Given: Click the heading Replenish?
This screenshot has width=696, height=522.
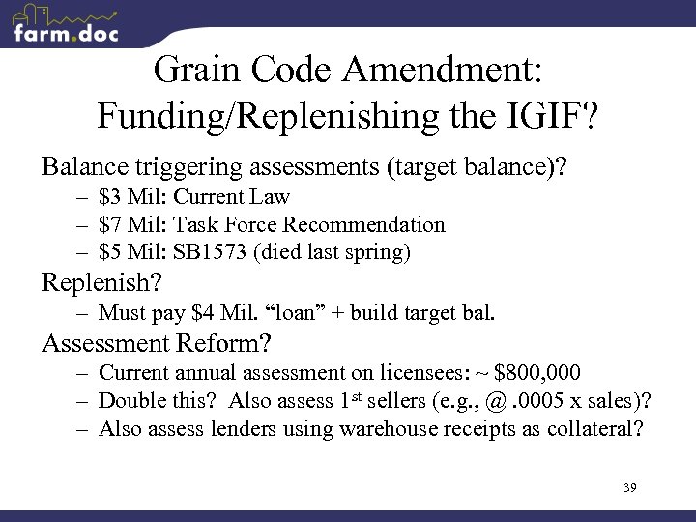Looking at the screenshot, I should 101,284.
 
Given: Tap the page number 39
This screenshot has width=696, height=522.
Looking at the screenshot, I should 629,486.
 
